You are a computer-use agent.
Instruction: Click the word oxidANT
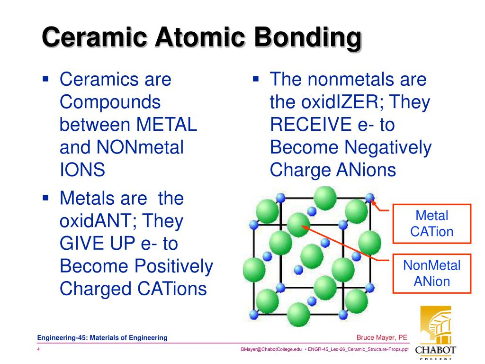97,221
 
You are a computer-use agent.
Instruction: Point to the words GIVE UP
98,244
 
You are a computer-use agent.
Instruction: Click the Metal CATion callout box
431,224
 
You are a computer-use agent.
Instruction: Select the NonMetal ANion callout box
431,273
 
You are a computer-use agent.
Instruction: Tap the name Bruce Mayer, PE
382,337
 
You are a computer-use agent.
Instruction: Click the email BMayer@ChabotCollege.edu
271,349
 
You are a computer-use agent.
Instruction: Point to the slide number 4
38,349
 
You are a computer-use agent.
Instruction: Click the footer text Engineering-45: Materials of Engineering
103,337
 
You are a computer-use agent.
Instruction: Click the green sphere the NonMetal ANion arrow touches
297,225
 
